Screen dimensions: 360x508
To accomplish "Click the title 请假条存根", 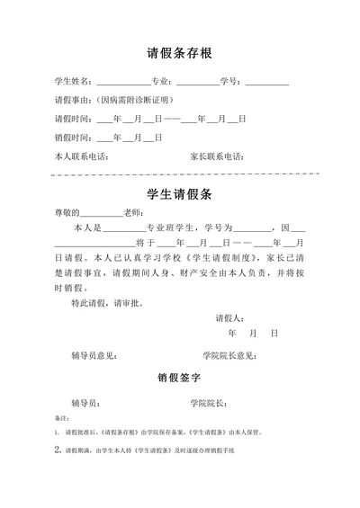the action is (179, 52).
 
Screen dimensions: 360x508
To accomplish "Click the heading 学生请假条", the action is (179, 193).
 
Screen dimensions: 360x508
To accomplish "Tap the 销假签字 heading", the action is (179, 379).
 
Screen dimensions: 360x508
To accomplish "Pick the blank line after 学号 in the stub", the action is (266, 85).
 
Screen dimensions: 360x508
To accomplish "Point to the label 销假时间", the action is (73, 138).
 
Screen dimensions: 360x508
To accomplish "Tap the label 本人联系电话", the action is (82, 156).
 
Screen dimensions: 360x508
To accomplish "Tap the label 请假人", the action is (229, 318).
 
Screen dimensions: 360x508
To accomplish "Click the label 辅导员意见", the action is (94, 354).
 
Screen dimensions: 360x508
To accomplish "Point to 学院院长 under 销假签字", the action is (208, 402).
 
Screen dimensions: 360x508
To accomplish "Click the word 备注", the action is (62, 418).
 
